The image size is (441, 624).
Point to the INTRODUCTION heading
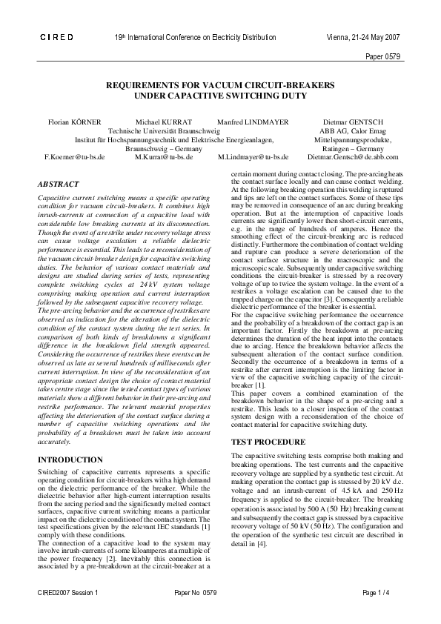coord(70,460)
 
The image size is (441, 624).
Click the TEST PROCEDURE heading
coord(266,442)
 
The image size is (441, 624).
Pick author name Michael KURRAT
coord(164,120)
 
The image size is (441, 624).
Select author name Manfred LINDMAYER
coord(253,120)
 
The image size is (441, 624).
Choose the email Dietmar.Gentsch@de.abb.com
coord(353,157)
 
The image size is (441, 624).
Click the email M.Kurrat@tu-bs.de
coord(164,157)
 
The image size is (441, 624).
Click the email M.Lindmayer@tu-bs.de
coord(253,157)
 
